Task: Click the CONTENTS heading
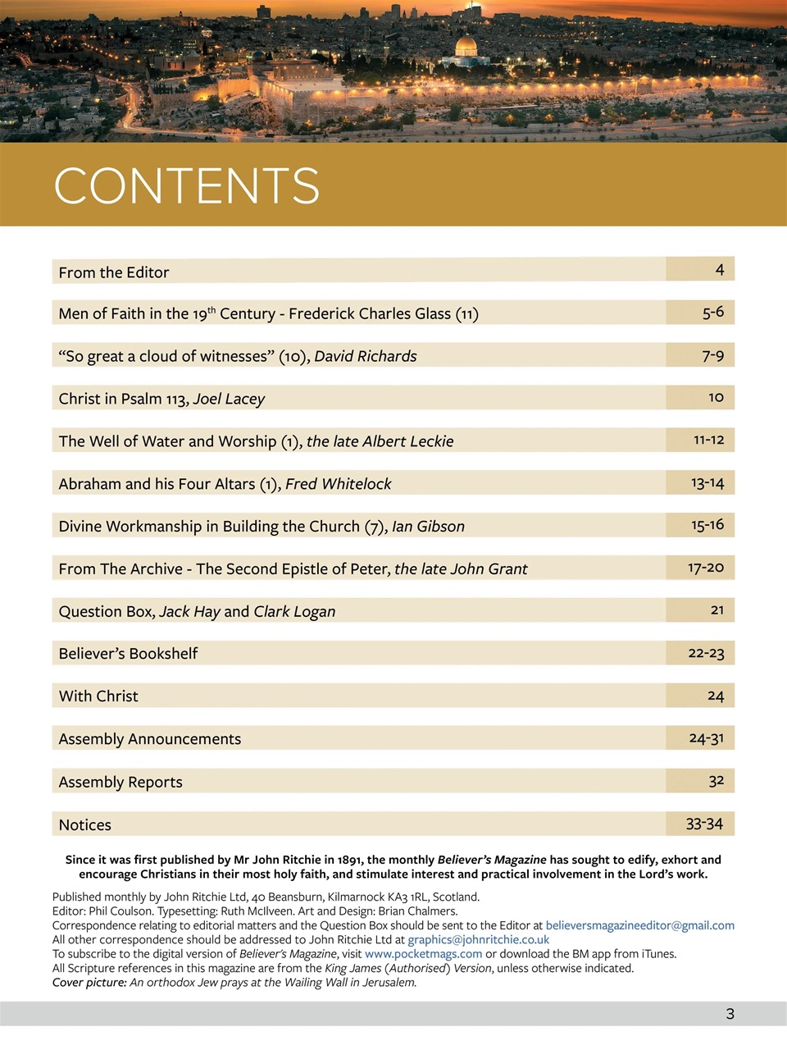point(187,185)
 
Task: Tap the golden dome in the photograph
point(466,46)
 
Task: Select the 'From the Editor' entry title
point(114,272)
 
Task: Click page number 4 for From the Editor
point(719,270)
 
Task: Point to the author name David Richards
point(366,356)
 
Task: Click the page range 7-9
point(712,355)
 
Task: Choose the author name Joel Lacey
point(229,399)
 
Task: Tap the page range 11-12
point(708,440)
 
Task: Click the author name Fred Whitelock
point(338,484)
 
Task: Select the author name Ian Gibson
point(428,527)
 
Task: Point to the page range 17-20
point(706,568)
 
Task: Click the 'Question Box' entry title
point(106,611)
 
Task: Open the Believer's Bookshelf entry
point(128,654)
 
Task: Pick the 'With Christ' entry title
point(98,696)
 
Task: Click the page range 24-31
point(706,738)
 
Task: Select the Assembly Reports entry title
point(121,782)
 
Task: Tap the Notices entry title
point(84,824)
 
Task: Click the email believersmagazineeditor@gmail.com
point(639,925)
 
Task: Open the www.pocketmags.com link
point(423,954)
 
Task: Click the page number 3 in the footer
point(730,1014)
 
